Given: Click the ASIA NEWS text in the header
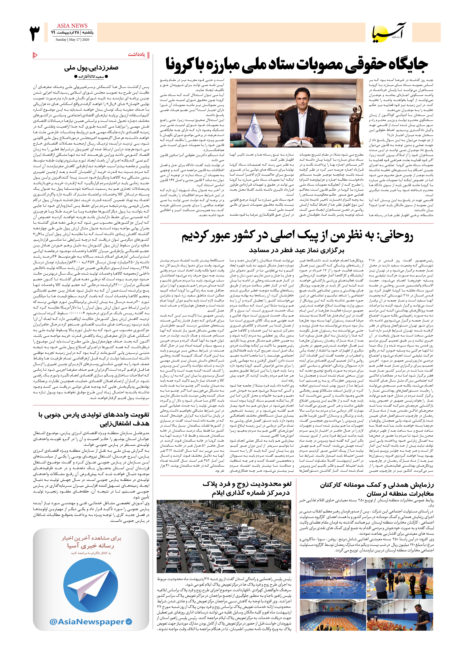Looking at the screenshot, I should click(x=72, y=26).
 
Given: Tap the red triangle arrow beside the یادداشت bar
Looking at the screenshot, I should click(x=35, y=55).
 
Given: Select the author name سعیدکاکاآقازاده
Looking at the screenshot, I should click(x=91, y=77).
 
